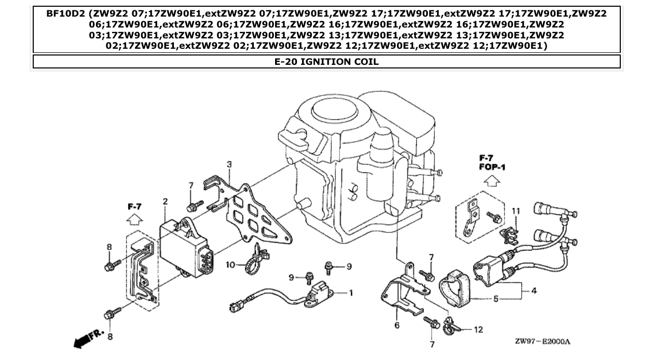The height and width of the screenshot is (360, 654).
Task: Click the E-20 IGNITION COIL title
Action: [326, 62]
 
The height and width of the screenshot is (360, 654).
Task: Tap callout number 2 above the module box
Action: [165, 201]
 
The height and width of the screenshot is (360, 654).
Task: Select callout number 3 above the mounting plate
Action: [534, 290]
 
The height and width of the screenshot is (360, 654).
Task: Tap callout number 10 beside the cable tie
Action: [515, 211]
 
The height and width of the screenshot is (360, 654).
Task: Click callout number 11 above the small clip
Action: [478, 329]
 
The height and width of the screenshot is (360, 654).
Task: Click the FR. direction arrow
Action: [543, 341]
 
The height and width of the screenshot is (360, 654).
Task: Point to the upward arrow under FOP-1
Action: [134, 206]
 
